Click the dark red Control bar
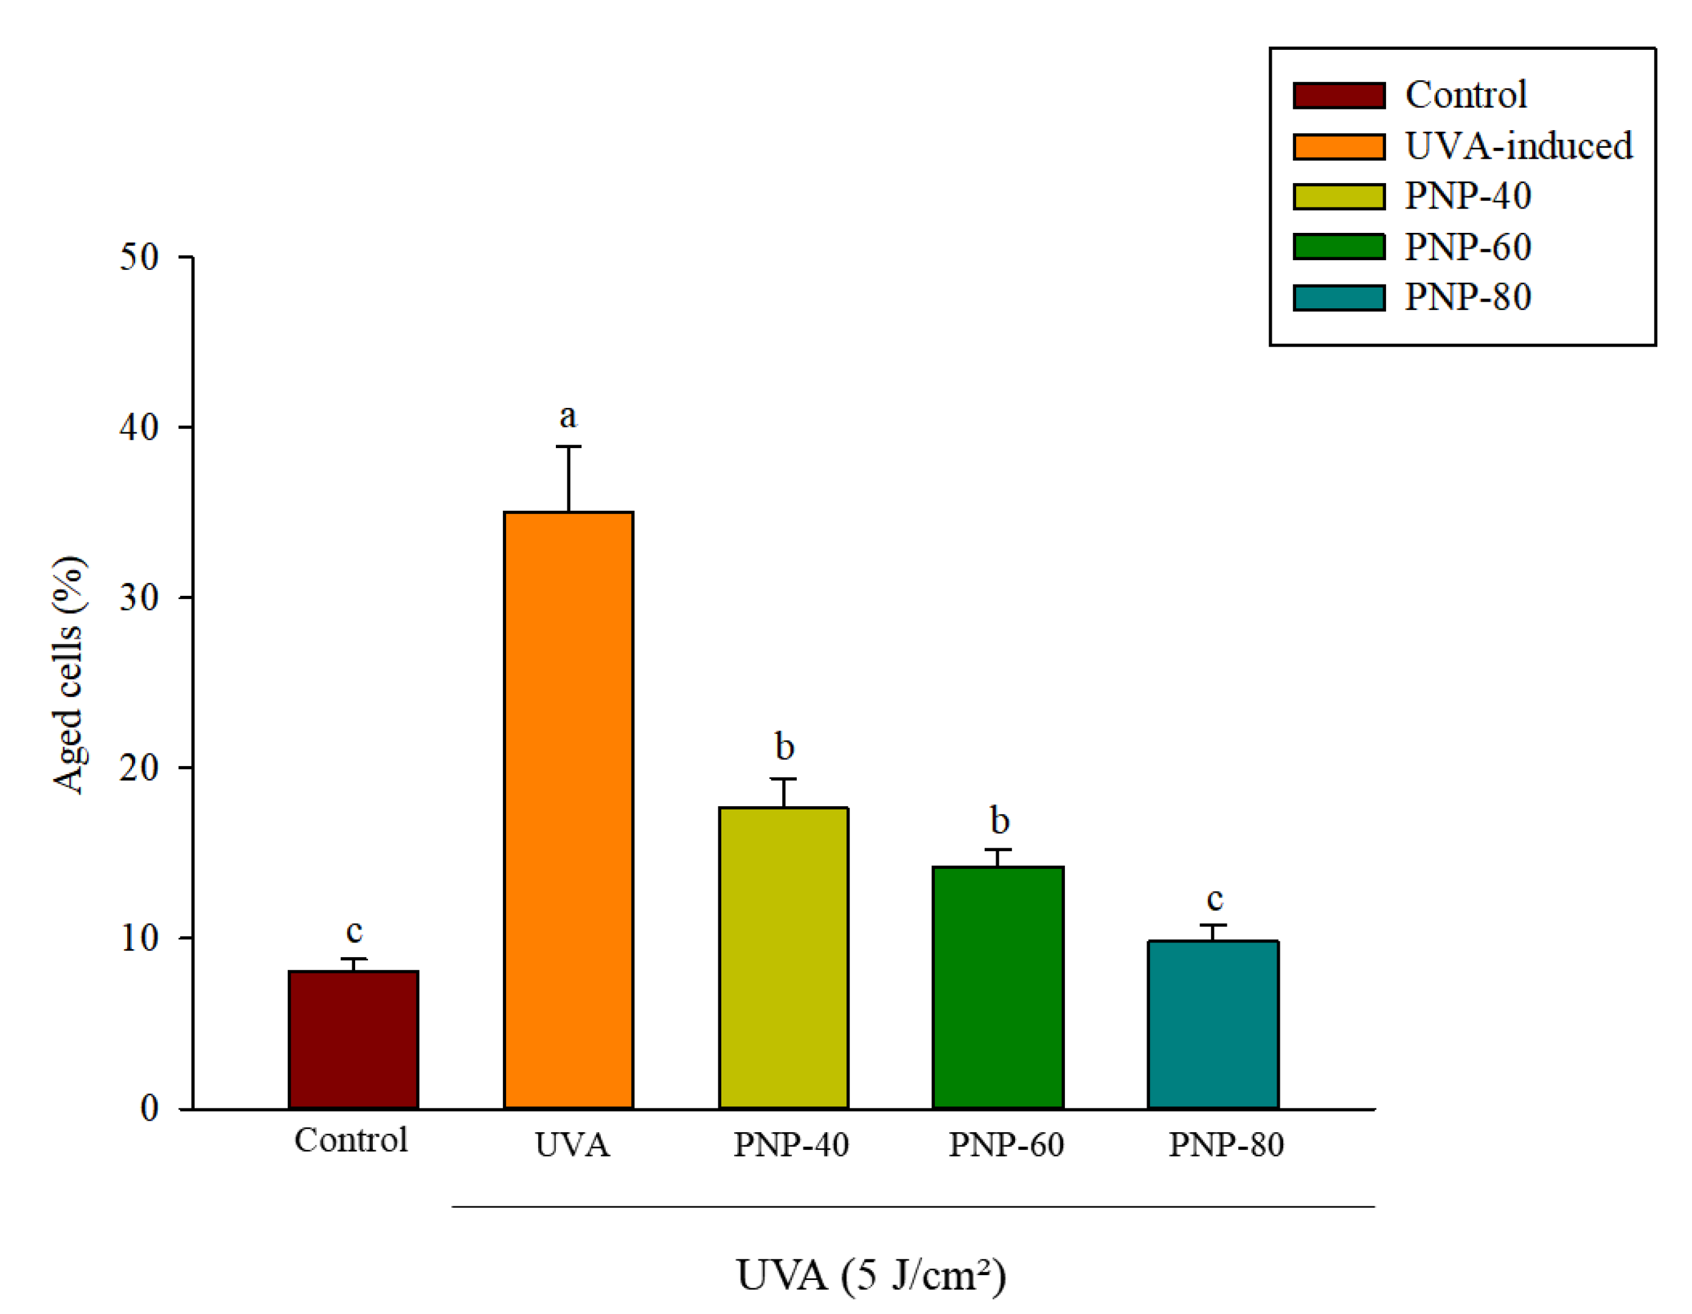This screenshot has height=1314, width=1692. [353, 1040]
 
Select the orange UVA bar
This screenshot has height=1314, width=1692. [569, 810]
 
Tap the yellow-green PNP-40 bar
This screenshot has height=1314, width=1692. [783, 958]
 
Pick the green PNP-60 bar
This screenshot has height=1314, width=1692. [998, 988]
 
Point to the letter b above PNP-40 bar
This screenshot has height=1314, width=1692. [784, 747]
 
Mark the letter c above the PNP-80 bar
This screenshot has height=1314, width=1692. [1214, 899]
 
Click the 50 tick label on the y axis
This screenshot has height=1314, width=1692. [139, 257]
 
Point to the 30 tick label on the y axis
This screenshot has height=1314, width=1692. [139, 597]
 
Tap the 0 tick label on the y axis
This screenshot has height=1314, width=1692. [149, 1108]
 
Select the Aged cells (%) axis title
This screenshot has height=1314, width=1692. [68, 674]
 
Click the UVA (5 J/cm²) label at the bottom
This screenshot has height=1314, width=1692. [871, 1274]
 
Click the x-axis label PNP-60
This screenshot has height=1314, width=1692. [1005, 1144]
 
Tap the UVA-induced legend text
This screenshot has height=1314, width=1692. [1519, 146]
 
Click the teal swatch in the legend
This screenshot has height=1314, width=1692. [1339, 297]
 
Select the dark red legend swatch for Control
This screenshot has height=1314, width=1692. [1339, 95]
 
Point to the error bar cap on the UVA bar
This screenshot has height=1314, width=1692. [568, 446]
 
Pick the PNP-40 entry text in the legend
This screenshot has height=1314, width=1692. [1468, 196]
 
